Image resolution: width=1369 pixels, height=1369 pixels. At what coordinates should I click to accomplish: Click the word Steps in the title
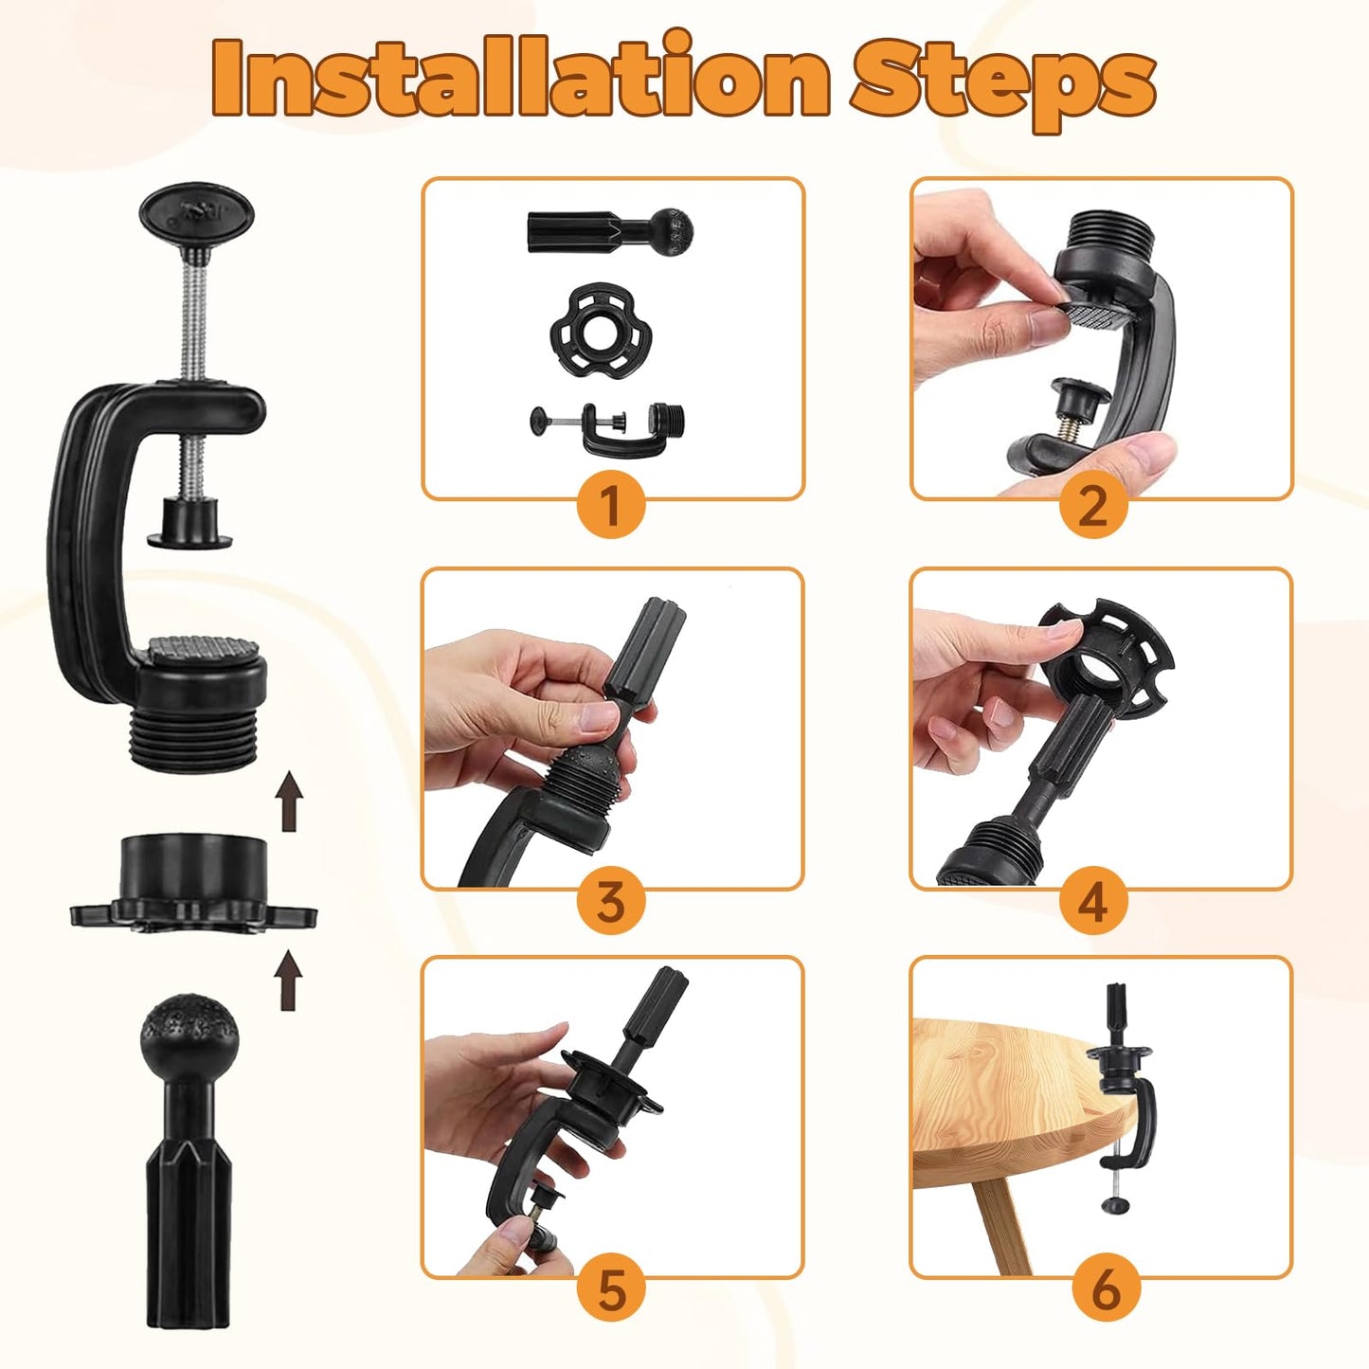(1004, 83)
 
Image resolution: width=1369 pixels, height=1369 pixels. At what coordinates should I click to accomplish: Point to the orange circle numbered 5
(612, 1291)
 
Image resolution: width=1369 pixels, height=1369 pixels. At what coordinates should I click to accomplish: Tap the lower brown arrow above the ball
(289, 980)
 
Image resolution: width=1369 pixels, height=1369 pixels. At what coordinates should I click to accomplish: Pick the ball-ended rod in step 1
(609, 228)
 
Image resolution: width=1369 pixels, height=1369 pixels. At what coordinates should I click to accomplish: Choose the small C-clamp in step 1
(609, 428)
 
